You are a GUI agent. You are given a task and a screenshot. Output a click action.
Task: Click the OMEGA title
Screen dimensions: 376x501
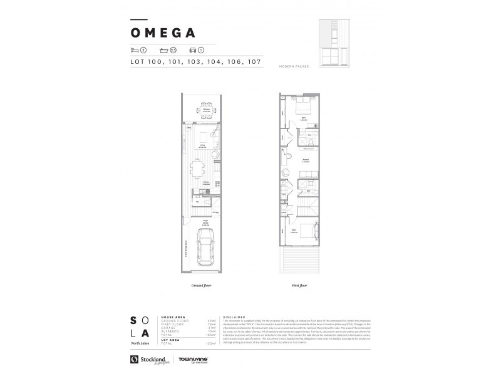tap(163, 33)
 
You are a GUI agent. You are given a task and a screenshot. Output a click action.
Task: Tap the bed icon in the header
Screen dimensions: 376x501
tap(133, 50)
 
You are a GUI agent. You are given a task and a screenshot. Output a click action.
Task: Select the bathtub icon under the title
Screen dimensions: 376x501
tap(164, 50)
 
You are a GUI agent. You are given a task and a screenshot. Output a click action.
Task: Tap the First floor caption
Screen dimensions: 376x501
tap(299, 285)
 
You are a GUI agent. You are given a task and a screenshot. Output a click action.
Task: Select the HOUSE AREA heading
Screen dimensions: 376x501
tap(173, 318)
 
